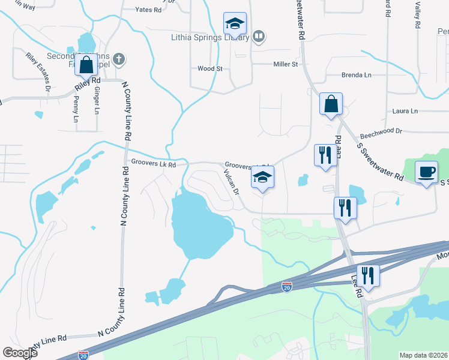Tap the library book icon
coord(258,37)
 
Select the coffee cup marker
coord(427,173)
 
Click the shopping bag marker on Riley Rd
coord(86,64)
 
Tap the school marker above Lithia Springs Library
coord(235,25)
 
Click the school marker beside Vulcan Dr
coord(262,178)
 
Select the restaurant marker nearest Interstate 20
coord(367,276)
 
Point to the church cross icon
coord(119,59)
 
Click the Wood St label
coord(210,69)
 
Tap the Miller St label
coord(286,64)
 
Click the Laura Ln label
coord(405,111)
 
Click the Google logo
coord(20,353)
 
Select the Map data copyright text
coord(423,355)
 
